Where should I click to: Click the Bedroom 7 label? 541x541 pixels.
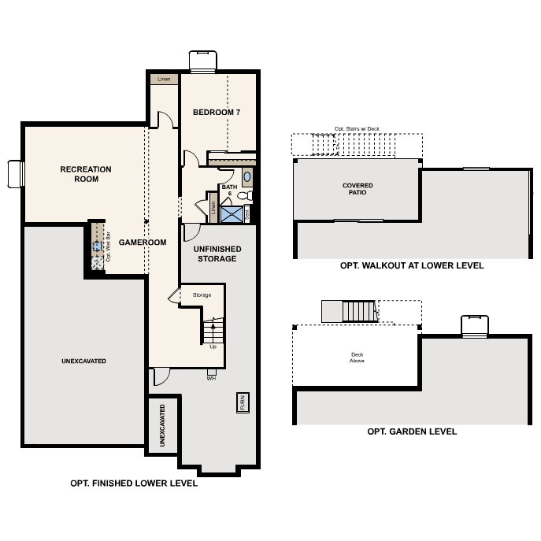[217, 112]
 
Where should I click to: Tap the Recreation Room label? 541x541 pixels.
[86, 174]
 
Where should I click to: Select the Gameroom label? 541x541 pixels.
[143, 243]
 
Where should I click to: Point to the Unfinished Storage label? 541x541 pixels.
[217, 254]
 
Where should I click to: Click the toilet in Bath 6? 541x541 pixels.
[245, 195]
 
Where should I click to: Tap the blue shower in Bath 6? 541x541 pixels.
[232, 214]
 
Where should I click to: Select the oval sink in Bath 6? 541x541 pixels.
[247, 176]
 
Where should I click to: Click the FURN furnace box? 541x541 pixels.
[243, 402]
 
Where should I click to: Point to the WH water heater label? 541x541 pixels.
[211, 379]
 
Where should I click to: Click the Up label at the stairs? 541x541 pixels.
[213, 346]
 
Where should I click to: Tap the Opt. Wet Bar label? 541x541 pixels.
[109, 246]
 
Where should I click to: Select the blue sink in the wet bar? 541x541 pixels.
[97, 246]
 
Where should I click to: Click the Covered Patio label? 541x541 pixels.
[358, 189]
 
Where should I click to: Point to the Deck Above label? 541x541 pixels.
[357, 358]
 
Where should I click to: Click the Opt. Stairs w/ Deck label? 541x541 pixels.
[357, 128]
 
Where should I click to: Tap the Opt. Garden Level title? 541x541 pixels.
[412, 432]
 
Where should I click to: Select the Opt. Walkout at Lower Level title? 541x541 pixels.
[412, 265]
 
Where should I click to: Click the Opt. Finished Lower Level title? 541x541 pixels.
[134, 484]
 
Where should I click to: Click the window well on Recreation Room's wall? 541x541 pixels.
[16, 174]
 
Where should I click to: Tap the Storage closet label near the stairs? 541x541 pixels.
[202, 295]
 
